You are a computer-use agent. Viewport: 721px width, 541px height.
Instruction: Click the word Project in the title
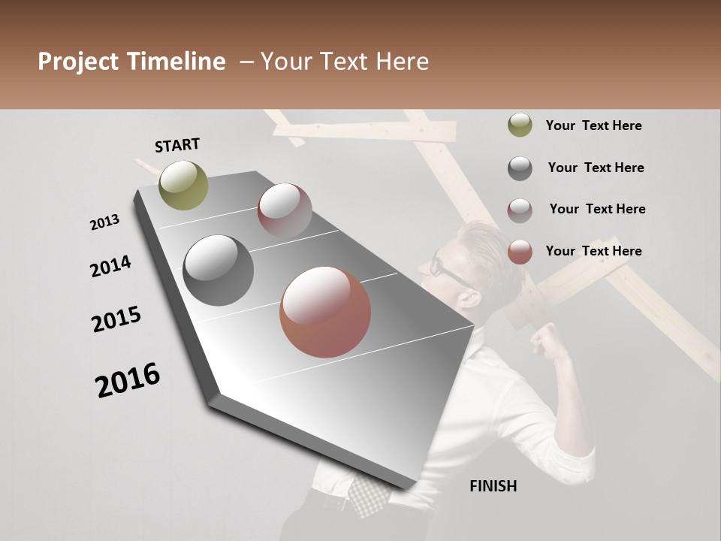[x=78, y=62]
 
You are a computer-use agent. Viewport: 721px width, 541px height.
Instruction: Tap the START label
[x=177, y=144]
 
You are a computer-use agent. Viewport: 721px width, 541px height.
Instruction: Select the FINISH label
[x=493, y=486]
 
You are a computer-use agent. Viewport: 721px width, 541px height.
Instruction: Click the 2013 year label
[x=105, y=222]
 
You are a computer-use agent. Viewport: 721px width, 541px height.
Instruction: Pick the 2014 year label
[x=110, y=266]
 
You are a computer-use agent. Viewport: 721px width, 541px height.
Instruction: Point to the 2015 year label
[x=116, y=319]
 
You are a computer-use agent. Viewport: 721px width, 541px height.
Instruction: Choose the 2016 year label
[x=128, y=380]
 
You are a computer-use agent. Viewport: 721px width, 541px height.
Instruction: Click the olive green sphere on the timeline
[x=183, y=185]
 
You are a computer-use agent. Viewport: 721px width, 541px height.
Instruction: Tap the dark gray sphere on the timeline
[x=218, y=270]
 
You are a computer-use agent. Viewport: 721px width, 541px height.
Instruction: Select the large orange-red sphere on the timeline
[x=325, y=312]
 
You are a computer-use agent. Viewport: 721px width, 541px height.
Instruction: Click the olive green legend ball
[x=520, y=125]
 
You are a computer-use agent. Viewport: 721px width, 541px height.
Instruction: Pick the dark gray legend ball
[x=520, y=168]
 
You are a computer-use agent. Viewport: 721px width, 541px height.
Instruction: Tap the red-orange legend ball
[x=520, y=252]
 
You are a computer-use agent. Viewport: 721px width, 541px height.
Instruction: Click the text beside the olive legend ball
[x=593, y=125]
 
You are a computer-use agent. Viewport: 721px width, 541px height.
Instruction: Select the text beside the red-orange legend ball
[x=593, y=251]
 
